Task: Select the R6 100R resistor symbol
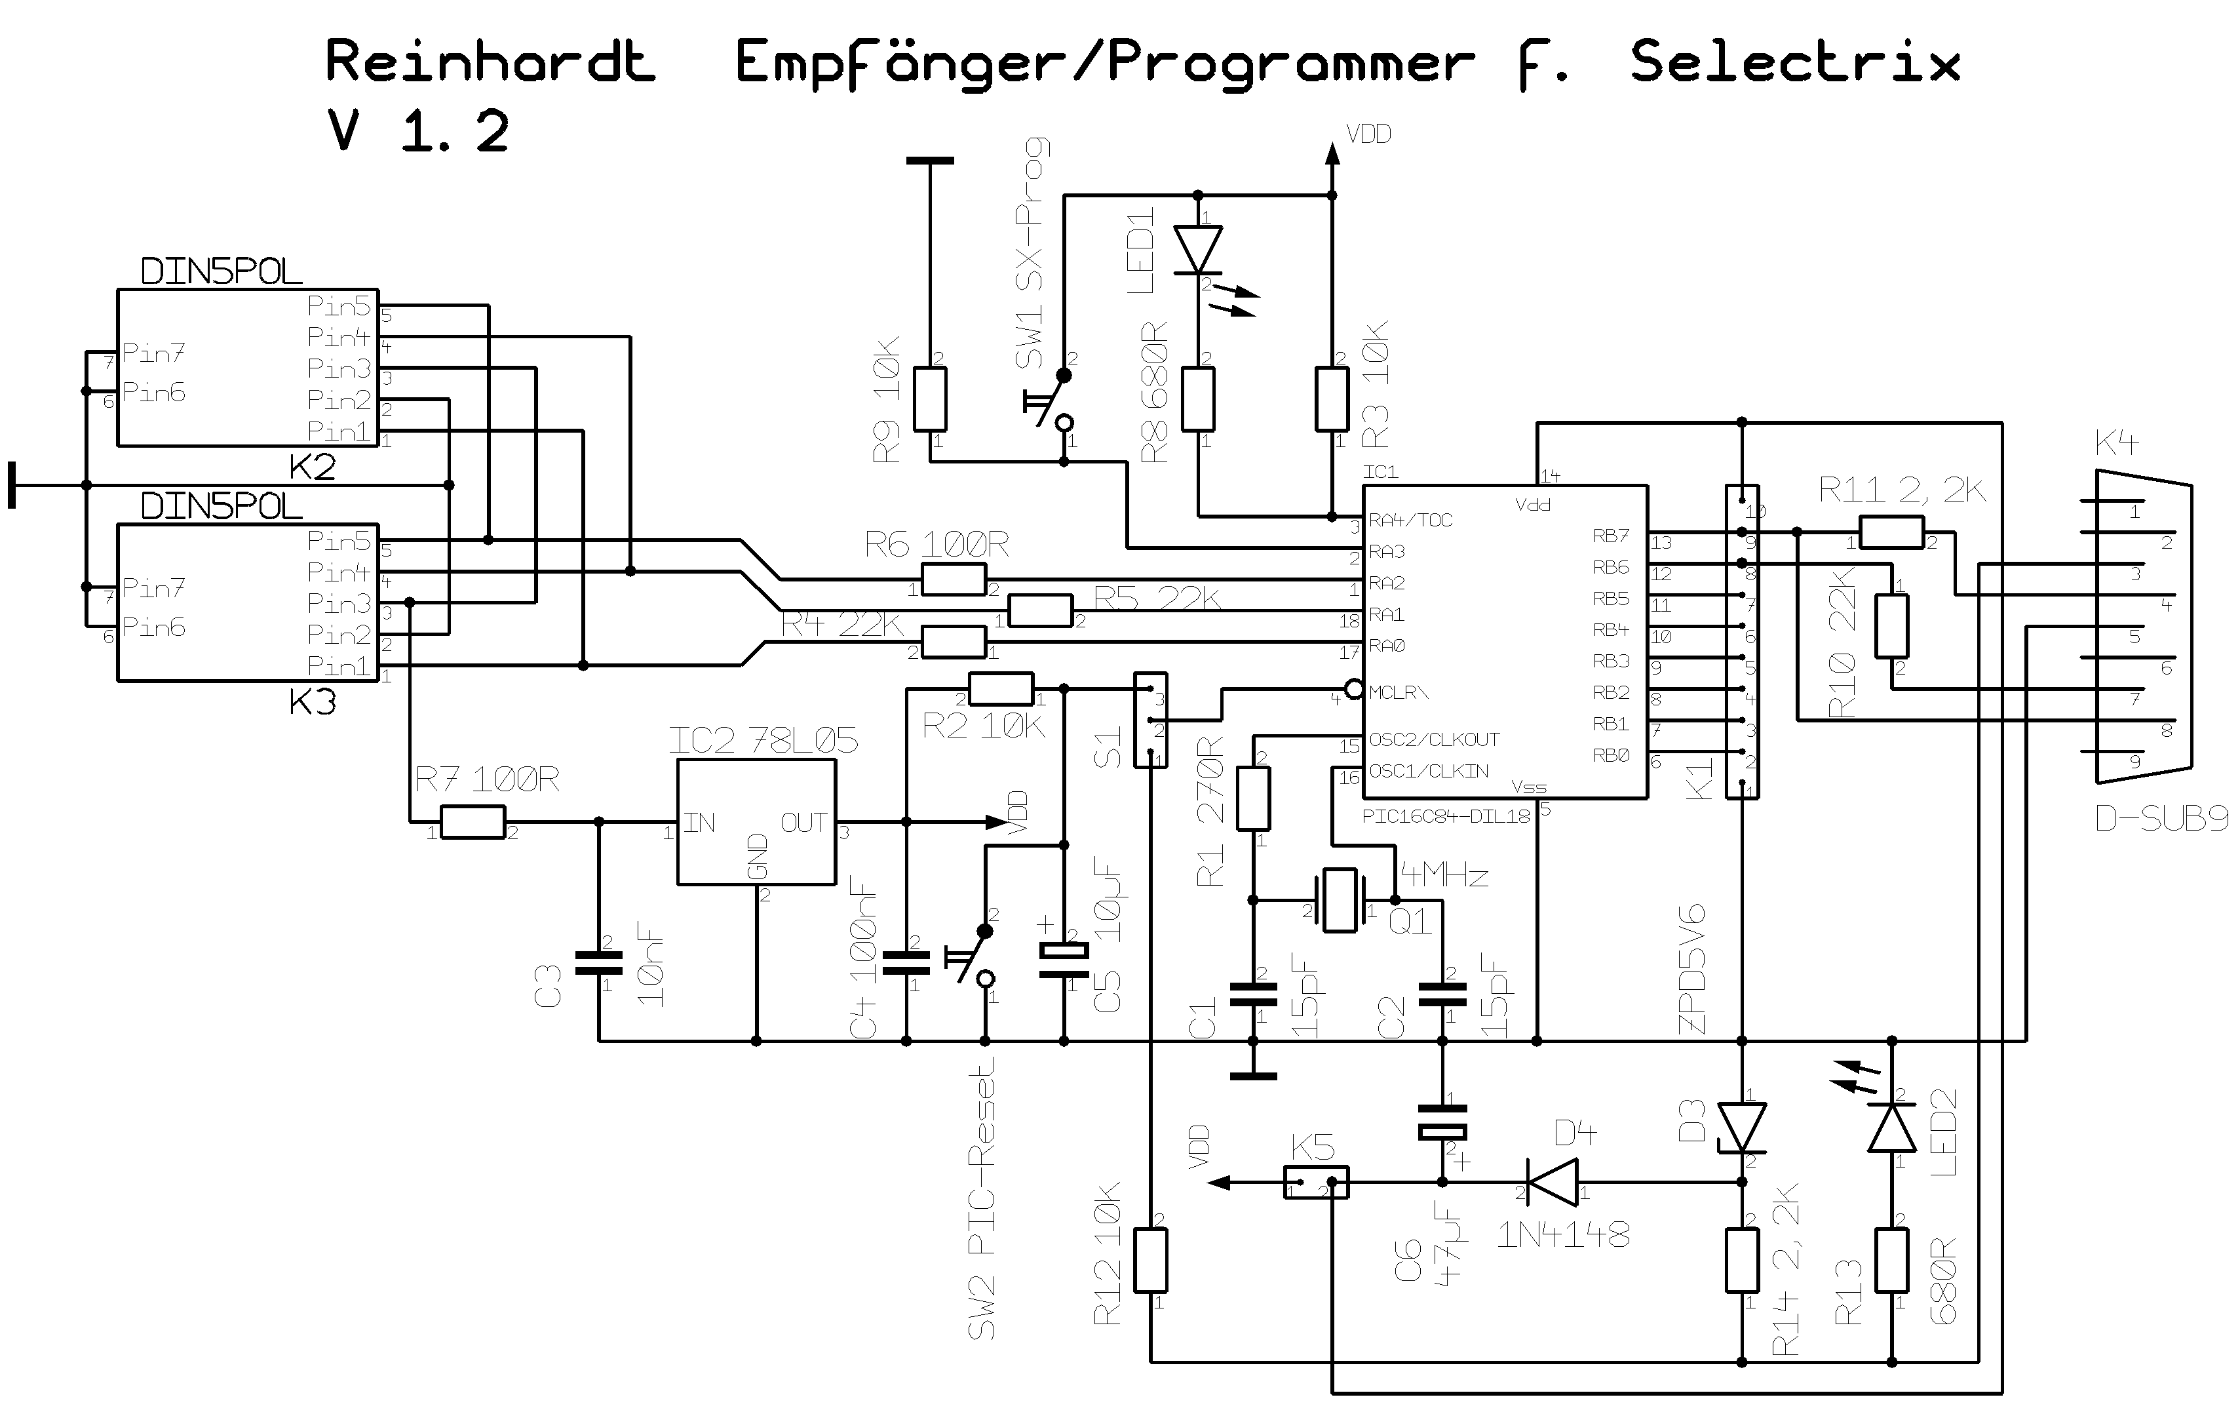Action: (x=954, y=579)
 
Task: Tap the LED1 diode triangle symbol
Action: (x=1198, y=249)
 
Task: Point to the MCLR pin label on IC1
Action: (x=1398, y=692)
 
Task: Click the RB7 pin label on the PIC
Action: (x=1611, y=536)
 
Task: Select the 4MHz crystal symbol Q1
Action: (x=1340, y=899)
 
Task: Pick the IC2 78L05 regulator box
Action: (x=756, y=822)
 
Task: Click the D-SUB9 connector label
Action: (x=2161, y=819)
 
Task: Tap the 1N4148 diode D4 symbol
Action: (x=1553, y=1183)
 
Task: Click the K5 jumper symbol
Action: (x=1315, y=1183)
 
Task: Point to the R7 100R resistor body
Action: (x=473, y=822)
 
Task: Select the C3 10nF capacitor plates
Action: (x=598, y=963)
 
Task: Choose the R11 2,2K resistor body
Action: (x=1892, y=533)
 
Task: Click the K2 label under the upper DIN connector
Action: (x=312, y=467)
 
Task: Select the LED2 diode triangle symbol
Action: (x=1892, y=1130)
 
